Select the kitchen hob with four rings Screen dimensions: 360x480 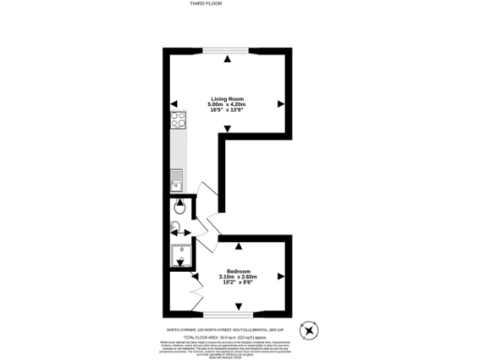pyautogui.click(x=177, y=119)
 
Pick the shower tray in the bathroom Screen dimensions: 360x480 pyautogui.click(x=178, y=254)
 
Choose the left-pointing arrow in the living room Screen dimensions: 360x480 pyautogui.click(x=173, y=104)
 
